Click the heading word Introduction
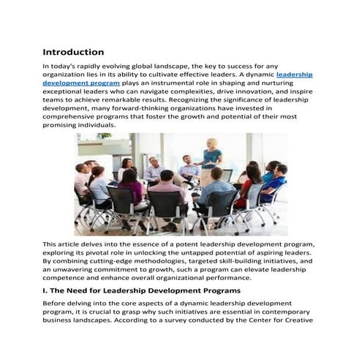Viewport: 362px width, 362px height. [73, 53]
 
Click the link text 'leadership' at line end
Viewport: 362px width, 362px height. [295, 75]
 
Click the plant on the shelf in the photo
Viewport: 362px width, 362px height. [104, 136]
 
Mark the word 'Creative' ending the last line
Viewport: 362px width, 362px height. [300, 321]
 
